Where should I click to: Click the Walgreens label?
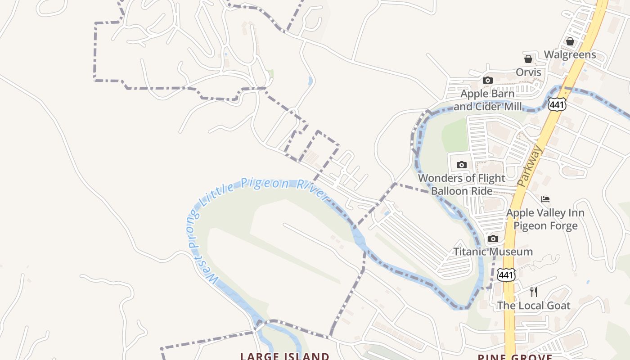tap(570, 55)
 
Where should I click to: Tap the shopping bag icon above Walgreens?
tap(570, 41)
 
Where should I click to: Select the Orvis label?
tap(528, 72)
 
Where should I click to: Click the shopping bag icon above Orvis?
tap(528, 59)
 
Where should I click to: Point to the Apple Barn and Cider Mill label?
tap(488, 100)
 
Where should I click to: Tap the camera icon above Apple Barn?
tap(487, 81)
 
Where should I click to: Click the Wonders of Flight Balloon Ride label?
tap(462, 184)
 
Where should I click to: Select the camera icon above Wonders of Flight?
tap(462, 165)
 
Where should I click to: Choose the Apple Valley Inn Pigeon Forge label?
tap(545, 219)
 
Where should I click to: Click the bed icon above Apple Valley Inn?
tap(545, 199)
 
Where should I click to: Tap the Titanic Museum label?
tap(493, 252)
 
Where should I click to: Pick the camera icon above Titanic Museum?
tap(493, 238)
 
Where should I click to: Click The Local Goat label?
tap(533, 306)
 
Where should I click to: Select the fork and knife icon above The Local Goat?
tap(534, 292)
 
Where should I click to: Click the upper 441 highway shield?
tap(557, 104)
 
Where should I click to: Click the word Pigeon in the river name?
tap(265, 184)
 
